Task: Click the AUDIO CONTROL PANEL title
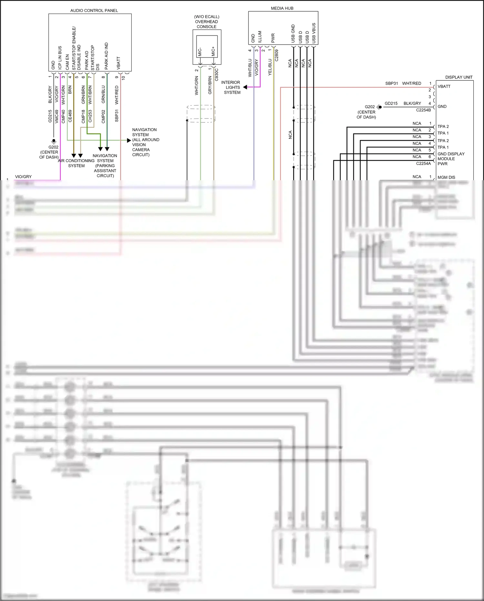coord(94,11)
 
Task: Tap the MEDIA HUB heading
coord(282,8)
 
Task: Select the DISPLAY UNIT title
coord(459,77)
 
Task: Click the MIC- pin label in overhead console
coord(200,52)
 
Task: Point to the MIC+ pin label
coord(213,51)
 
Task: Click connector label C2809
coord(277,55)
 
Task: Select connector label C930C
coord(217,75)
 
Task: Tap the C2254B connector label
coord(423,110)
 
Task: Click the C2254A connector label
coord(423,163)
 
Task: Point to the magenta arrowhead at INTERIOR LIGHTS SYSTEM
coord(245,87)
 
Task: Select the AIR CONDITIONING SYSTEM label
coord(76,163)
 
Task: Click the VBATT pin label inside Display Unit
coord(444,87)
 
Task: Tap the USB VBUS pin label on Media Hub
coord(314,33)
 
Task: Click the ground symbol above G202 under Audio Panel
coord(54,141)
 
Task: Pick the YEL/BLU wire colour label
coord(270,67)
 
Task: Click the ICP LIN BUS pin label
coord(60,57)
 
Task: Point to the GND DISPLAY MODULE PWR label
coord(450,159)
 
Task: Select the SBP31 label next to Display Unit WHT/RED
coord(391,83)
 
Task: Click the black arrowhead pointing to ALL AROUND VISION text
coord(129,140)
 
